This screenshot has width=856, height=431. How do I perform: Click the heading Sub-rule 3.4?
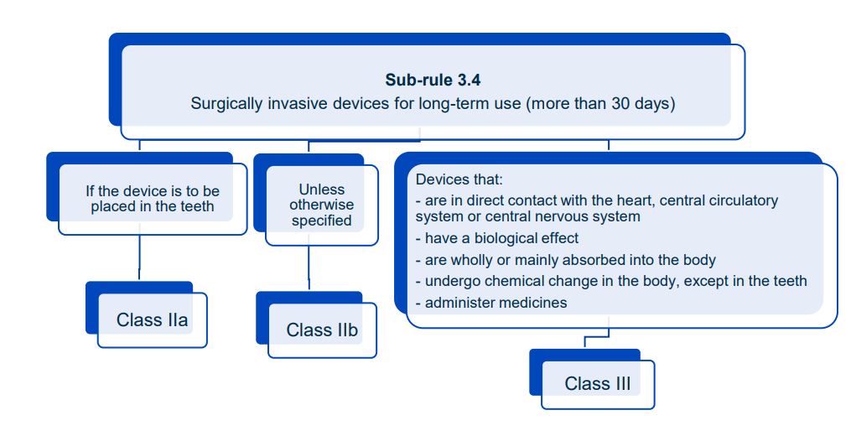[433, 80]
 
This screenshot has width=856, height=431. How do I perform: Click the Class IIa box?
[152, 319]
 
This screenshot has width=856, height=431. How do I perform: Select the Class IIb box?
[322, 330]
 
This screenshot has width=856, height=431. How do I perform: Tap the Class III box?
[597, 383]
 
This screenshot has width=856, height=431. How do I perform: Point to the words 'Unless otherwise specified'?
[322, 205]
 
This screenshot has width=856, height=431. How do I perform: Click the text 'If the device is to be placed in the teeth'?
[153, 199]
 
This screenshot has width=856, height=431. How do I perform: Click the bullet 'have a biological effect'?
[501, 238]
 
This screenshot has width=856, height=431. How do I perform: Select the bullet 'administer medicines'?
[495, 303]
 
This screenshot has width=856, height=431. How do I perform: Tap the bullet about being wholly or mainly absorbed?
[570, 260]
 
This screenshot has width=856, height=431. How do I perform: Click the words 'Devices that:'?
[459, 179]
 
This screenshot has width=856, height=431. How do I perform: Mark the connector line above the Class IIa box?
[139, 257]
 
